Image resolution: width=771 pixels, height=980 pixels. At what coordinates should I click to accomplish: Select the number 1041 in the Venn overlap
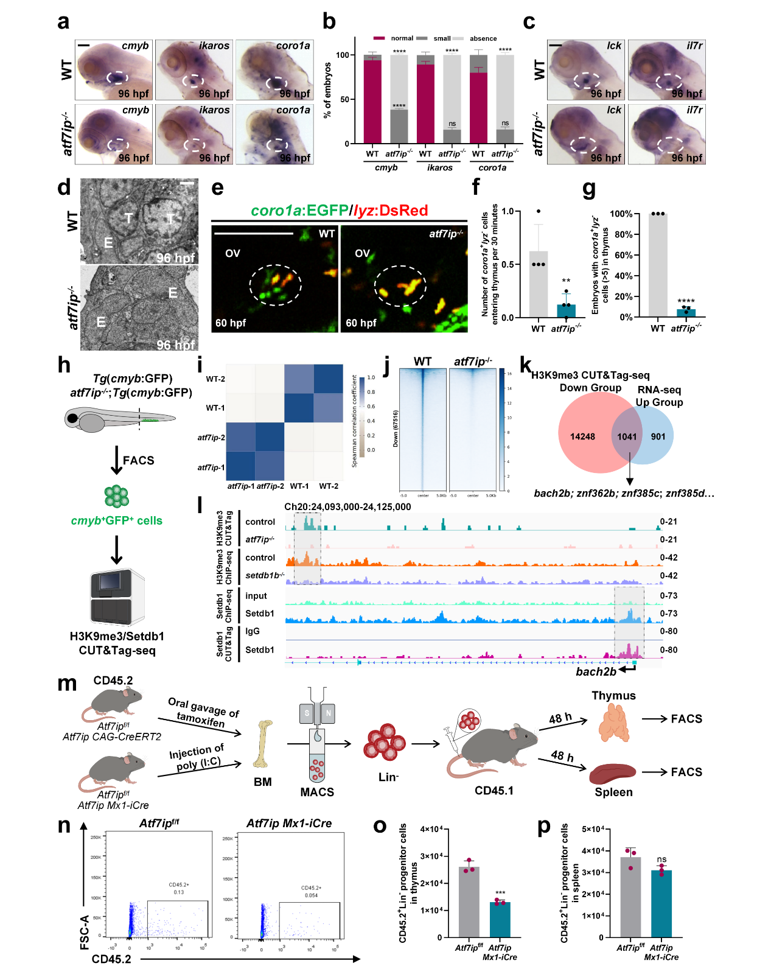coord(627,436)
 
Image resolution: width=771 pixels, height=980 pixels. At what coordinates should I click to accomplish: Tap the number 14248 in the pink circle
coord(582,436)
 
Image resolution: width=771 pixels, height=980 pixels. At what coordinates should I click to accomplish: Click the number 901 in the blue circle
coord(658,436)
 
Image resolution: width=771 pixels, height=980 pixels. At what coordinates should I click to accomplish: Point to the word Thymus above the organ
coord(613,696)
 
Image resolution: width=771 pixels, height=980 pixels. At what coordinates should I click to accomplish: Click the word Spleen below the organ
coord(613,792)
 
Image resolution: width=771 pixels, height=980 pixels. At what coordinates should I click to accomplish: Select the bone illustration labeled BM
coord(263,744)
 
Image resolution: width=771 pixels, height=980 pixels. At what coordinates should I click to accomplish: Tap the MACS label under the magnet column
coord(317,792)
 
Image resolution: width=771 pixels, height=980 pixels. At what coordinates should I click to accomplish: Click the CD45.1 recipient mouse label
coord(494,791)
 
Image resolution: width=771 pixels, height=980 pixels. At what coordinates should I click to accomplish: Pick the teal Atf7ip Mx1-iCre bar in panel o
coord(500,919)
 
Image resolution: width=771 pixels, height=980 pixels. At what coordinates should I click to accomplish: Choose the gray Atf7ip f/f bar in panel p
coord(630,897)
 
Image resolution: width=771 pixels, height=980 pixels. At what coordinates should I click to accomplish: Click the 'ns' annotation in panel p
coord(661,859)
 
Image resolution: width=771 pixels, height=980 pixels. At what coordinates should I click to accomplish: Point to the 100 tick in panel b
coord(343,55)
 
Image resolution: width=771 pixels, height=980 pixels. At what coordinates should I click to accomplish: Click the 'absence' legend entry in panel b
coord(483,38)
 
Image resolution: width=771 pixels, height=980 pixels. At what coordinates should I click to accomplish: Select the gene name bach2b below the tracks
coord(596,671)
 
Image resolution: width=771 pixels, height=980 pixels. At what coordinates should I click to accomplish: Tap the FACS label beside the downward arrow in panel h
coord(139,460)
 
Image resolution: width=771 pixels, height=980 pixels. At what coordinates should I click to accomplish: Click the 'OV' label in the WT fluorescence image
coord(232,253)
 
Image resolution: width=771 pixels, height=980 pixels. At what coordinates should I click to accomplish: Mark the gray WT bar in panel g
coord(658,265)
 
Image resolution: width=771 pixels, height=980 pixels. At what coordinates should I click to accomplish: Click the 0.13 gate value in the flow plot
coord(178,892)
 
